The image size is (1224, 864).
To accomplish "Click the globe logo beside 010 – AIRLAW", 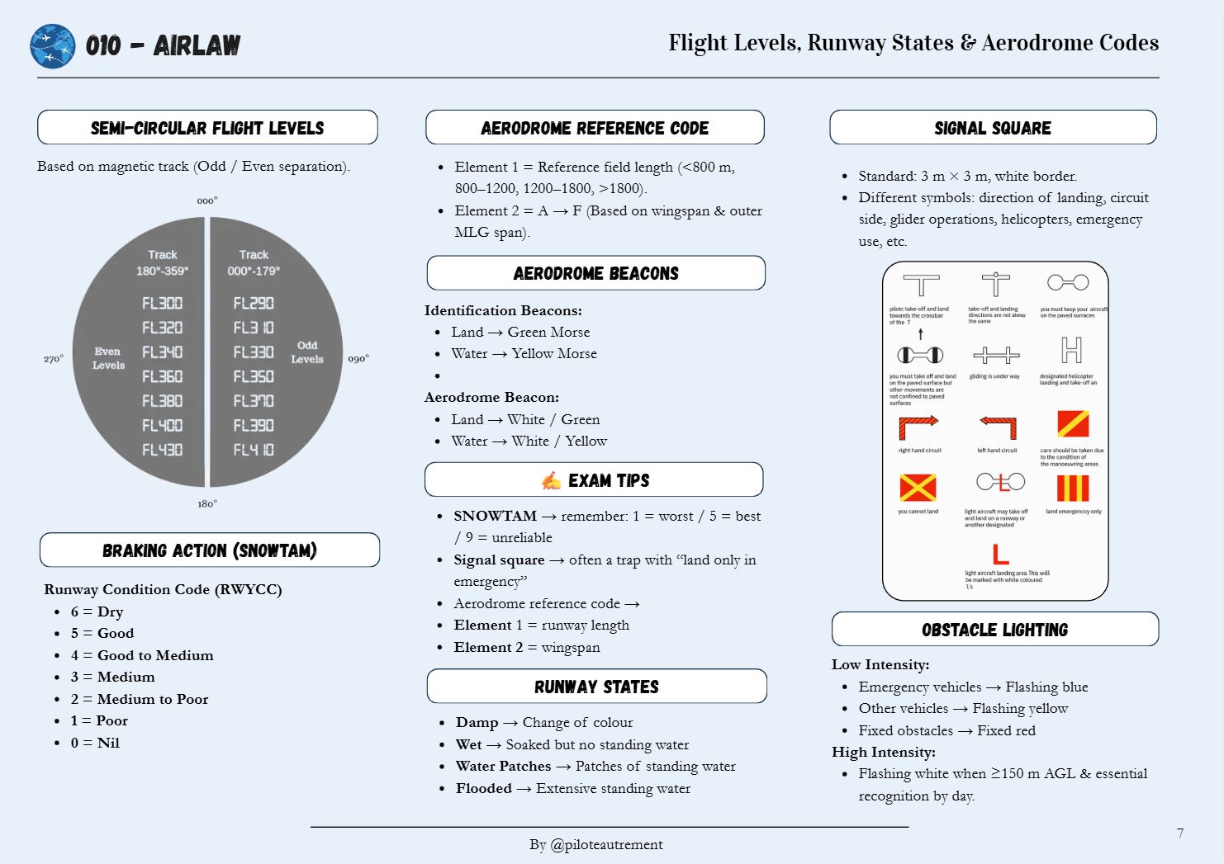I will point(53,46).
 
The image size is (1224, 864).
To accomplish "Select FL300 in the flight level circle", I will point(162,304).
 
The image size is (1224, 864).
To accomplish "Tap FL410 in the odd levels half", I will point(254,450).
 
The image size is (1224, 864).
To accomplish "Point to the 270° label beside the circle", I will point(54,359).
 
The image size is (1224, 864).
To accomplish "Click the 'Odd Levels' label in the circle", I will point(307,352).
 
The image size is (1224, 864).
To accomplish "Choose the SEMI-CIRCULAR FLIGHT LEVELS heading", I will point(207,128).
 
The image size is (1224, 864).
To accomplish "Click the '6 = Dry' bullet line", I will point(97,611).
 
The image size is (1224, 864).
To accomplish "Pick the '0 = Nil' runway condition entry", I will point(95,743).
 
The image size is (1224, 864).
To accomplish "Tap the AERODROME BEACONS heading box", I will point(595,273).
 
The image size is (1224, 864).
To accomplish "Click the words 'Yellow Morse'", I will point(554,353).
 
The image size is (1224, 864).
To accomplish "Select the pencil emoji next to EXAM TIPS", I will point(551,480).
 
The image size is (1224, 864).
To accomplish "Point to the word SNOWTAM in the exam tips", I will point(495,516).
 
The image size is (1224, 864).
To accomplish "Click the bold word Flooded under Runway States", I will point(484,788).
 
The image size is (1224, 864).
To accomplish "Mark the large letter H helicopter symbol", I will point(1071,351).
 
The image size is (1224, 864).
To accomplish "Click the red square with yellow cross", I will point(918,488).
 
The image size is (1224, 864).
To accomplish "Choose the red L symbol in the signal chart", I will point(1000,555).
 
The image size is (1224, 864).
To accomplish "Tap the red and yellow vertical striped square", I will point(1073,488).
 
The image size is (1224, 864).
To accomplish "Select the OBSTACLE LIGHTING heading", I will point(994,630).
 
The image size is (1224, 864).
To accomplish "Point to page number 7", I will point(1180,833).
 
